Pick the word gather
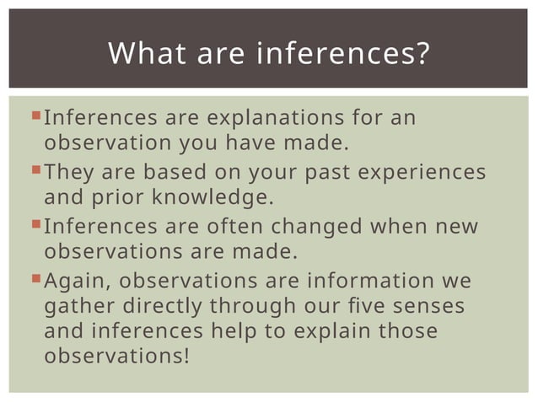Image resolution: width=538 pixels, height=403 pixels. pyautogui.click(x=75, y=306)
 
